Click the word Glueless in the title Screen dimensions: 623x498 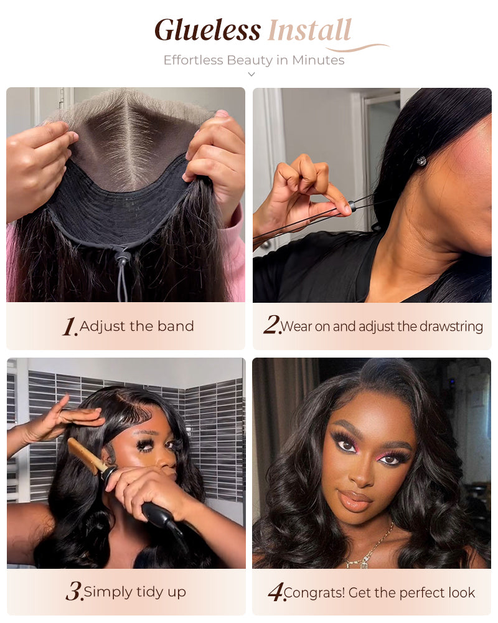click(207, 31)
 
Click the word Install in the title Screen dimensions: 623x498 click(309, 31)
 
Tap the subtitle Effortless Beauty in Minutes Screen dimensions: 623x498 click(253, 60)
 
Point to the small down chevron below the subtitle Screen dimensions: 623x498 click(251, 74)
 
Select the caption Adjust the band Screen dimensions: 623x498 click(137, 326)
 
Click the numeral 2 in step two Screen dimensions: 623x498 click(271, 325)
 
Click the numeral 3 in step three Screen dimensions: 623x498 click(73, 591)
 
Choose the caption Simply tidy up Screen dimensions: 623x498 click(135, 591)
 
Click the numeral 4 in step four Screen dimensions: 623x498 click(275, 592)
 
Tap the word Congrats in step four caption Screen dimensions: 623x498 click(314, 592)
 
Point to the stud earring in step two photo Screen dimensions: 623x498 click(421, 161)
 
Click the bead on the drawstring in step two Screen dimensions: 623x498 click(353, 203)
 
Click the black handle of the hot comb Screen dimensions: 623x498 click(159, 516)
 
